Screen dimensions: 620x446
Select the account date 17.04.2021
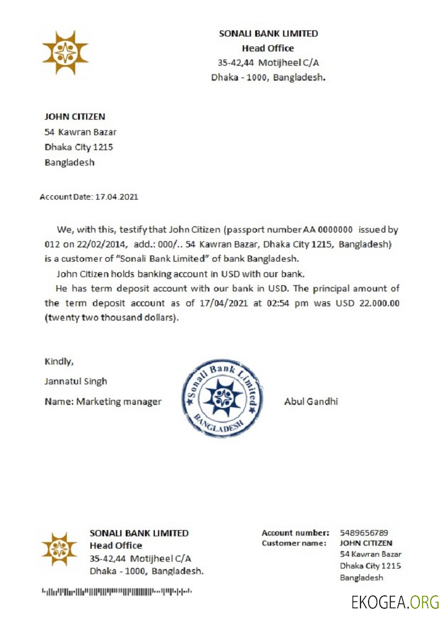tap(116, 197)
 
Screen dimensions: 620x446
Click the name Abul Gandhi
tap(310, 401)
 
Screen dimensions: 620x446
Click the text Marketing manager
tap(118, 402)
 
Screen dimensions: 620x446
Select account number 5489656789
tap(364, 533)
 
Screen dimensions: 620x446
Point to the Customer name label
tap(294, 543)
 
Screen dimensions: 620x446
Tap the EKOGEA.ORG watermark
tap(395, 601)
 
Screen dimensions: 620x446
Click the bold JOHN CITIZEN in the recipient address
tap(75, 117)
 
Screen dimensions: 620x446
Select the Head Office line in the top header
tap(268, 48)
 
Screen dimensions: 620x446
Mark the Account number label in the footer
tap(295, 533)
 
